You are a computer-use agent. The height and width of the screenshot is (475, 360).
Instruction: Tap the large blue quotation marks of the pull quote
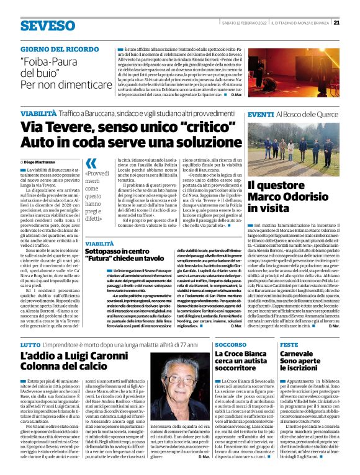tap(91, 164)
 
